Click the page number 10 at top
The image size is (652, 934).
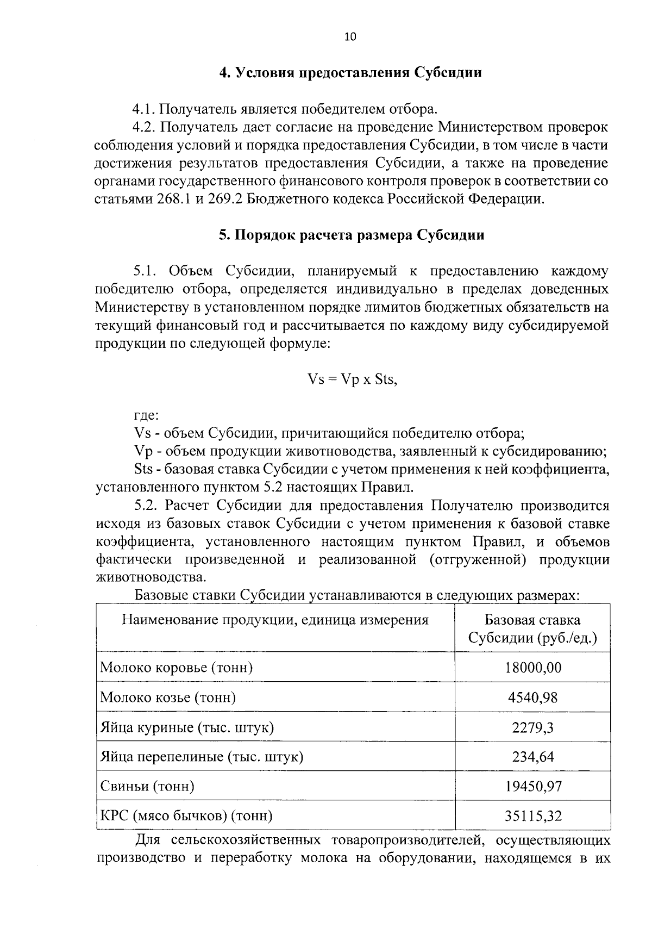(350, 37)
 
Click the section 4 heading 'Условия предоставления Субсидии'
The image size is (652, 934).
(350, 73)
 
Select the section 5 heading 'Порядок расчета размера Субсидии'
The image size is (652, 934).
(350, 235)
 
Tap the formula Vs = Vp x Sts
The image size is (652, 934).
(353, 379)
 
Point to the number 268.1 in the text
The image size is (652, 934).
(173, 199)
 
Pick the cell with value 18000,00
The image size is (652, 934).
(532, 668)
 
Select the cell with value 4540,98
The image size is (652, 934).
(532, 697)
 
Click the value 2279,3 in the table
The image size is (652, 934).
(532, 727)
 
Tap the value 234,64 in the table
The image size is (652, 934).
(532, 756)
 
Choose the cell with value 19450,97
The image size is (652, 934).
(532, 786)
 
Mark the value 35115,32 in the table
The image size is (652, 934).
(532, 815)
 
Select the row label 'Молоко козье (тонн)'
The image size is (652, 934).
(168, 697)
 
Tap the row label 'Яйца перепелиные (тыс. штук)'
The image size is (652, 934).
(202, 756)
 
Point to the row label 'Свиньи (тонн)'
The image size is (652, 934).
(147, 786)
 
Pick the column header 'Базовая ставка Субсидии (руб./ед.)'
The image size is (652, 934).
(532, 628)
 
